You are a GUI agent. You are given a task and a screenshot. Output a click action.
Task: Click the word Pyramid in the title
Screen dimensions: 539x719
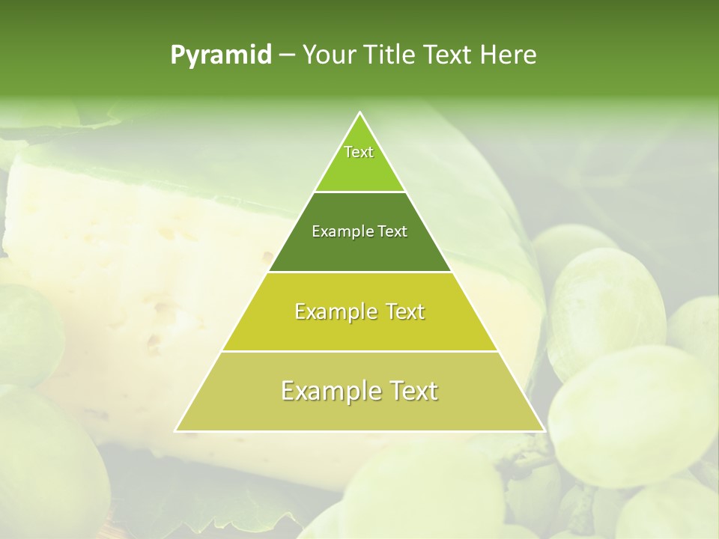coord(221,55)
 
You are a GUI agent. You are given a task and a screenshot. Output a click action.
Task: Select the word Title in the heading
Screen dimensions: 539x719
coord(392,55)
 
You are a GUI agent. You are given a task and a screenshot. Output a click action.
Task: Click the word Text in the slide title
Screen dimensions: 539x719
coord(448,55)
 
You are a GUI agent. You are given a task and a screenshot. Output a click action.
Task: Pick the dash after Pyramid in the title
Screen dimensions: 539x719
coord(286,55)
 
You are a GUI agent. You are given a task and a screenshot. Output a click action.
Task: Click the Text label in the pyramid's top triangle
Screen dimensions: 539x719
coord(359,152)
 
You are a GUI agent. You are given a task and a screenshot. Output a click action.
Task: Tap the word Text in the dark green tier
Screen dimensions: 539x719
coord(391,232)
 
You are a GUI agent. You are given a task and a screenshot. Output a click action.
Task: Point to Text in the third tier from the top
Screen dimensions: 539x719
coord(402,311)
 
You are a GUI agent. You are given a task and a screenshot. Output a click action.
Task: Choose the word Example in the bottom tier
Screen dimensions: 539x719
coord(329,391)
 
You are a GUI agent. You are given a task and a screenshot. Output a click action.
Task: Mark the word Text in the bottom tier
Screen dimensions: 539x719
coord(412,391)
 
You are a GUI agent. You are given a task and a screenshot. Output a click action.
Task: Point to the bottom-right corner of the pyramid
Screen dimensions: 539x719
coord(544,430)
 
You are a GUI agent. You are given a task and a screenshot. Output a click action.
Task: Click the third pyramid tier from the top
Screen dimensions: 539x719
coord(360,334)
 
